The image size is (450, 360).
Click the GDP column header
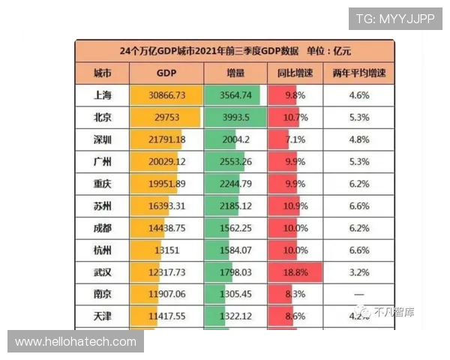(166, 73)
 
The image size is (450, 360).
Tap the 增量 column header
(235, 73)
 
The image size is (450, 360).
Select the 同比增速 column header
(295, 73)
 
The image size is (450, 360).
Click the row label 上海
(102, 95)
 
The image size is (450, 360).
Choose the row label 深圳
(102, 139)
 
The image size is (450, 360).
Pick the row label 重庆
(102, 184)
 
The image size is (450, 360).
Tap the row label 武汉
(102, 272)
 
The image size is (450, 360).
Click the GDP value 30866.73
(166, 95)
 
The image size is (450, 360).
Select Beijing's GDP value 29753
(166, 118)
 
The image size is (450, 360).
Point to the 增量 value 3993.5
(235, 118)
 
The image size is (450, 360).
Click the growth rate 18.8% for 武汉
(295, 272)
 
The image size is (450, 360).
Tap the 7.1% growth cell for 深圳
(295, 139)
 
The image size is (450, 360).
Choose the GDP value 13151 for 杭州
(166, 250)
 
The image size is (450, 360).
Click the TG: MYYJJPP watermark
(394, 19)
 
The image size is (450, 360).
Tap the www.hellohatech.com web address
(76, 342)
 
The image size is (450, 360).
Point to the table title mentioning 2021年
(235, 51)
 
